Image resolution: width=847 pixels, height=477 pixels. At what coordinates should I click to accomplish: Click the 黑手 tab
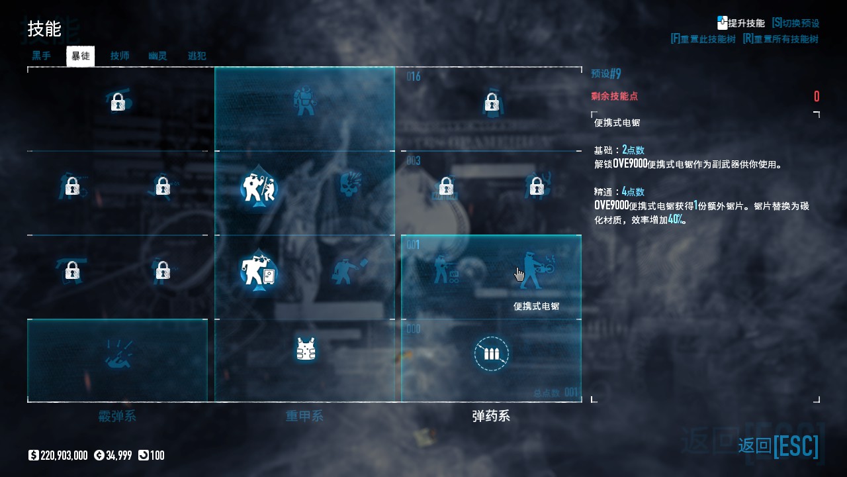[x=42, y=56]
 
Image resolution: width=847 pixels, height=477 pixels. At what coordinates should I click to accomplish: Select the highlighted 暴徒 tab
[x=81, y=56]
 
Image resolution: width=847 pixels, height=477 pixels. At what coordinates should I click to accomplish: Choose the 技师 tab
[x=120, y=56]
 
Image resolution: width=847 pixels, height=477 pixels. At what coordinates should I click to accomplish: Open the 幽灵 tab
[x=157, y=56]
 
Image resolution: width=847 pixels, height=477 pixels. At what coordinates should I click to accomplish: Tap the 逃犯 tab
[x=197, y=56]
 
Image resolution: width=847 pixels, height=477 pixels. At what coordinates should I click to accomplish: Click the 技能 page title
[x=44, y=29]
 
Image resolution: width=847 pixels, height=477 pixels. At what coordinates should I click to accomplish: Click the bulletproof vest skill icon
[x=305, y=348]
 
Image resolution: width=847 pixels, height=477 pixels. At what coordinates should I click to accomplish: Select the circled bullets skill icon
[x=491, y=353]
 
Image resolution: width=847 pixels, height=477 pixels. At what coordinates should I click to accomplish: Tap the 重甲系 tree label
[x=304, y=416]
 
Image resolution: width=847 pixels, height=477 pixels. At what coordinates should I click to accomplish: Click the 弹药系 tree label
[x=491, y=416]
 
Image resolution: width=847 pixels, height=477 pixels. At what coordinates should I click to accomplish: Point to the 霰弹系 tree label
[x=117, y=416]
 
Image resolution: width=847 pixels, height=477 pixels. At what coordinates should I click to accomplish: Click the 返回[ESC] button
[x=778, y=445]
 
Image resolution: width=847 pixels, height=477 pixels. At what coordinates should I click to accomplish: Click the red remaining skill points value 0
[x=817, y=97]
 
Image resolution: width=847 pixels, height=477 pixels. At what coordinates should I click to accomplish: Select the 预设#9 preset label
[x=606, y=74]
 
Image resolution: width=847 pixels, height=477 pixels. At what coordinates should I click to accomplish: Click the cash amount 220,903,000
[x=64, y=455]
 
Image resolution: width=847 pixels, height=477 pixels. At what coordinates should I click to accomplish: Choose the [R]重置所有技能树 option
[x=781, y=39]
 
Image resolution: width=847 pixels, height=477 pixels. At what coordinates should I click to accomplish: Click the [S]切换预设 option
[x=795, y=23]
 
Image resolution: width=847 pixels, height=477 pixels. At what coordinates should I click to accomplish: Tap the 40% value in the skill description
[x=675, y=219]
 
